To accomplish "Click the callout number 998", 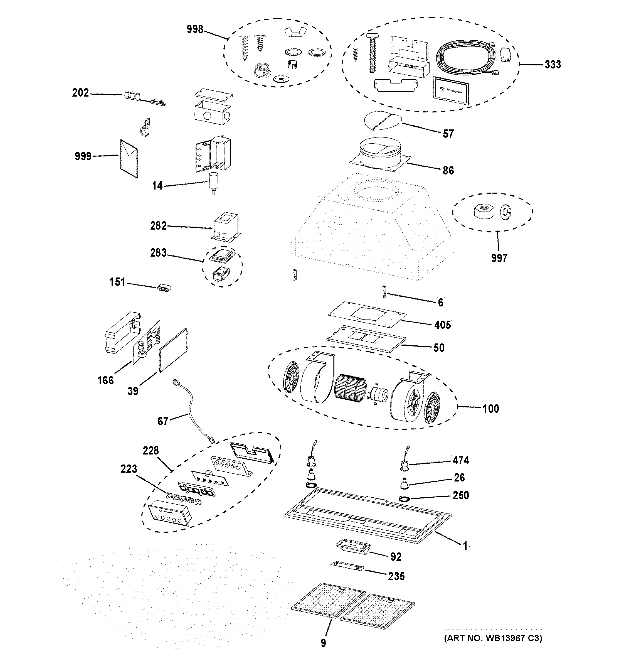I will point(195,29).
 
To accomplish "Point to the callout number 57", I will point(448,134).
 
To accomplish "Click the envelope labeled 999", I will point(129,159).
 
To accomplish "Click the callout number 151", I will point(117,282).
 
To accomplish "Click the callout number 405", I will point(442,325).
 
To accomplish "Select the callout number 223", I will point(129,468).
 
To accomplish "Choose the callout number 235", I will point(396,576).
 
